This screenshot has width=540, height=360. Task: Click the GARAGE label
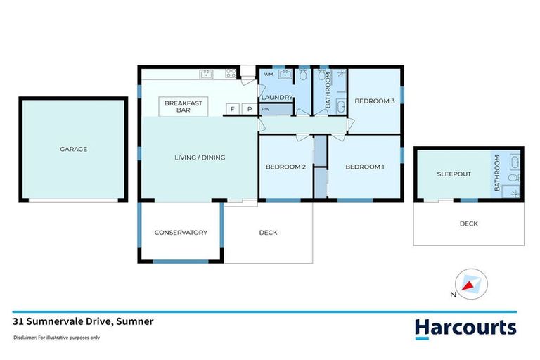74,149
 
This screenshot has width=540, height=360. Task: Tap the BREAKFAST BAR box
183,106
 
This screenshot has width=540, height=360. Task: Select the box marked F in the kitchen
231,109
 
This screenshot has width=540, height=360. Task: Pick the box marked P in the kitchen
248,109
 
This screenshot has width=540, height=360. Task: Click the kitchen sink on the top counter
206,73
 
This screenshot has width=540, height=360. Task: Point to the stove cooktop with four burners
230,73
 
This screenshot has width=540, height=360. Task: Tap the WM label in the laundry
268,74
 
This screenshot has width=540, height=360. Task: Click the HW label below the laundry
266,109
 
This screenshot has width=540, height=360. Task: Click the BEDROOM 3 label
374,101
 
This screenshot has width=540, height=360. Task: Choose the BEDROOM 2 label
285,167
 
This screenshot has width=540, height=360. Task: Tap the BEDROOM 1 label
364,167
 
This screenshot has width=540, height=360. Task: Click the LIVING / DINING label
200,157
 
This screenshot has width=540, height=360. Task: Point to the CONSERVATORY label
181,233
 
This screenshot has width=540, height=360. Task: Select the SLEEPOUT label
454,174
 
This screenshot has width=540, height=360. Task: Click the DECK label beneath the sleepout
468,224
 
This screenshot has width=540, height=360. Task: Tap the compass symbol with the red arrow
470,284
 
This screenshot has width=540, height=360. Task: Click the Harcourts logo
465,327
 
